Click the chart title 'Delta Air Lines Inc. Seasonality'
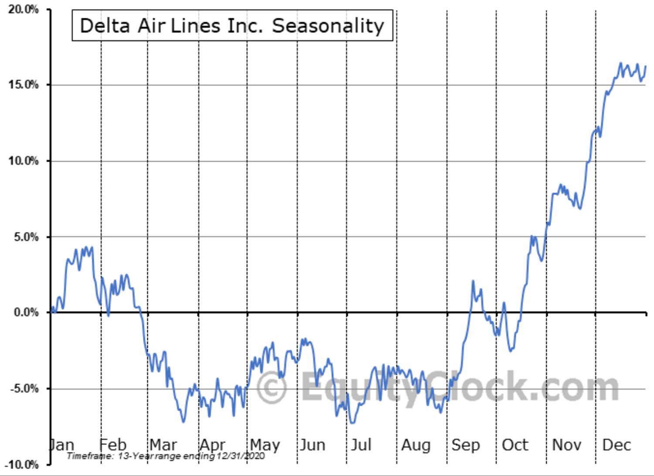(x=232, y=26)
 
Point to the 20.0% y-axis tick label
(x=23, y=9)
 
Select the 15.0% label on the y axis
(x=23, y=85)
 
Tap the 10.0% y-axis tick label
(x=23, y=161)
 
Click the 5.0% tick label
(x=26, y=237)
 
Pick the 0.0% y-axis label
(x=26, y=313)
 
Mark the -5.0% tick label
(x=24, y=388)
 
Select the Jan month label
(x=62, y=445)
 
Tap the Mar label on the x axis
(x=163, y=445)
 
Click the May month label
(x=265, y=445)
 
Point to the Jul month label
(x=361, y=445)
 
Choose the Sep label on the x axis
(x=465, y=445)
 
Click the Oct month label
(x=515, y=445)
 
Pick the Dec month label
(x=616, y=445)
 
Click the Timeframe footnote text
(x=166, y=456)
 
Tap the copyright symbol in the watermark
(x=272, y=387)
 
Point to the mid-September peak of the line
(x=473, y=281)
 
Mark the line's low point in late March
(x=183, y=422)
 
